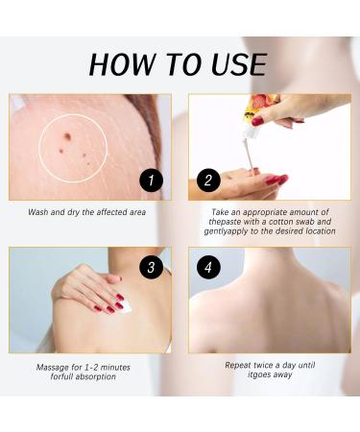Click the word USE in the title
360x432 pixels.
coord(239,65)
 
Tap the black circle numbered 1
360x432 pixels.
coord(152,180)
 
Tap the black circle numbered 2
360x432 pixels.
coord(208,180)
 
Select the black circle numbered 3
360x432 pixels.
coord(152,267)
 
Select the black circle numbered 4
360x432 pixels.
coord(208,267)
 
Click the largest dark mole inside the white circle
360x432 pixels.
coord(67,137)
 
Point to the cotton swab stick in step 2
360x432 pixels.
coord(248,156)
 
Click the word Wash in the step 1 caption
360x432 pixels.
coord(37,212)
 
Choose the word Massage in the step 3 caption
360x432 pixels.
coord(53,367)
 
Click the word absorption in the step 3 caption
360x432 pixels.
coord(94,376)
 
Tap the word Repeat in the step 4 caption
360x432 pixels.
coord(237,365)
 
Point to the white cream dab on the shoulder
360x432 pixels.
coord(126,307)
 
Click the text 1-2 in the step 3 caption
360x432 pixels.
coord(93,367)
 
